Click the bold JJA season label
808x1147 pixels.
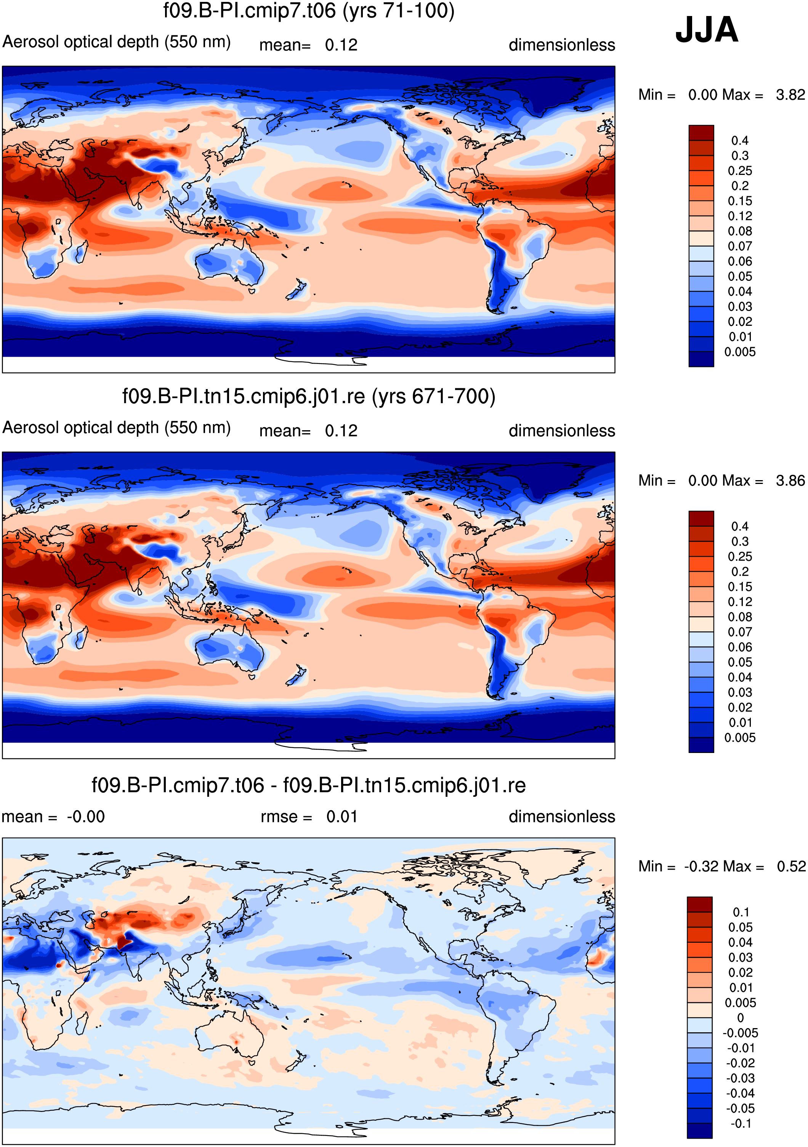pyautogui.click(x=706, y=30)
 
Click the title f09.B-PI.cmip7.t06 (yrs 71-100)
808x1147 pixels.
pyautogui.click(x=309, y=11)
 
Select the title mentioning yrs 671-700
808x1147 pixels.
pyautogui.click(x=309, y=397)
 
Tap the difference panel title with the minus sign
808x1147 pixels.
pyautogui.click(x=308, y=786)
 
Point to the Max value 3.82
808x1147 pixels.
pyautogui.click(x=790, y=95)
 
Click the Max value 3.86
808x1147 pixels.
pyautogui.click(x=790, y=481)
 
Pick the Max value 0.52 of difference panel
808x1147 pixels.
pyautogui.click(x=791, y=866)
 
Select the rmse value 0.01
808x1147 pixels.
pyautogui.click(x=342, y=817)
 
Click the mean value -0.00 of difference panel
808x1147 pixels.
pyautogui.click(x=85, y=817)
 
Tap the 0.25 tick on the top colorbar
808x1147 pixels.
pyautogui.click(x=739, y=171)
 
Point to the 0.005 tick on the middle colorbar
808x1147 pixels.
pyautogui.click(x=739, y=738)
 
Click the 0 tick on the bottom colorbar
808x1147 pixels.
pyautogui.click(x=741, y=1017)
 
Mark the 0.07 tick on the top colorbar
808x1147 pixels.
pyautogui.click(x=739, y=246)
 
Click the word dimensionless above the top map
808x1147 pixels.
pyautogui.click(x=562, y=45)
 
